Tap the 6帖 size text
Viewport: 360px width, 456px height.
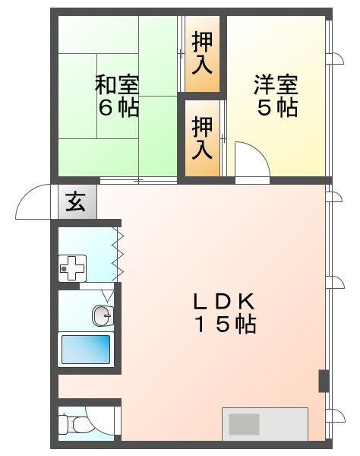[x=117, y=108]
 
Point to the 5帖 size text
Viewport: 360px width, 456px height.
[x=276, y=108]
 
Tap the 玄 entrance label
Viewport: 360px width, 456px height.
[x=76, y=203]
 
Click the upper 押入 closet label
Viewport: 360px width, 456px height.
[x=202, y=51]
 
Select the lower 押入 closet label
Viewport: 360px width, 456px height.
[x=202, y=136]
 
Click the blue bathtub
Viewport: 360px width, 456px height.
[x=85, y=350]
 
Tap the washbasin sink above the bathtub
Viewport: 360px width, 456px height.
[x=102, y=314]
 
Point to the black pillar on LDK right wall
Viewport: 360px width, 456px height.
[x=324, y=380]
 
